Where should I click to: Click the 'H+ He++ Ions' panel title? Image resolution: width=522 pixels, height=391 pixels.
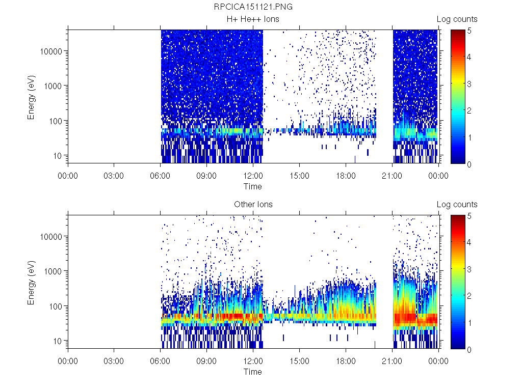pyautogui.click(x=253, y=19)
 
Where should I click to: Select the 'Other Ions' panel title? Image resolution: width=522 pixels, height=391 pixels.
pyautogui.click(x=253, y=205)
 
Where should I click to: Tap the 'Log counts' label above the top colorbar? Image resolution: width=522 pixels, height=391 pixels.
pyautogui.click(x=457, y=19)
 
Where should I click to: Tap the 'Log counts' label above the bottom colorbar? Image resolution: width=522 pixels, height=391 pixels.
pyautogui.click(x=457, y=205)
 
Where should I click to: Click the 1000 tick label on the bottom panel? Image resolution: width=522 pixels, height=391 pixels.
pyautogui.click(x=54, y=271)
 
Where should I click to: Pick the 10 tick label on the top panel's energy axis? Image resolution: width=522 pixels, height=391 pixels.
pyautogui.click(x=58, y=155)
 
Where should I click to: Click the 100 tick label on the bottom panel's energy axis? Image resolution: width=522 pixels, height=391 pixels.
pyautogui.click(x=56, y=306)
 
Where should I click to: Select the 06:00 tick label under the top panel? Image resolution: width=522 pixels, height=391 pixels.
pyautogui.click(x=160, y=176)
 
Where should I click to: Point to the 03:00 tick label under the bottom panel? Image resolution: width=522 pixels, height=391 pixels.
pyautogui.click(x=114, y=361)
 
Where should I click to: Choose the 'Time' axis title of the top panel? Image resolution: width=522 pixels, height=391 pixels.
pyautogui.click(x=253, y=186)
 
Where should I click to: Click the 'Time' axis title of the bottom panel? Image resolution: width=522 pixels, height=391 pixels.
pyautogui.click(x=253, y=372)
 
